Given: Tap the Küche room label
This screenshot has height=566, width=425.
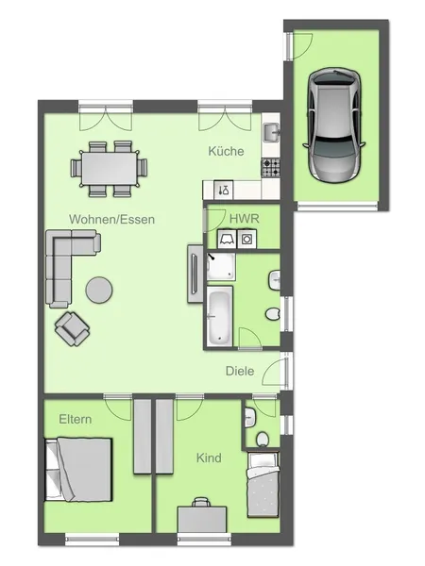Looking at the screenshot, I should pyautogui.click(x=227, y=151).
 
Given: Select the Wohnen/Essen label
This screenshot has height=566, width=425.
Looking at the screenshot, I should pyautogui.click(x=111, y=219).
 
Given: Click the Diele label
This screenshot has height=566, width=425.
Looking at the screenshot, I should pyautogui.click(x=239, y=371).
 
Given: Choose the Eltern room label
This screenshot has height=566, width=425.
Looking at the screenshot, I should pyautogui.click(x=76, y=419).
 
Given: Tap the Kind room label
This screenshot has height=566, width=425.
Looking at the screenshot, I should pyautogui.click(x=209, y=458).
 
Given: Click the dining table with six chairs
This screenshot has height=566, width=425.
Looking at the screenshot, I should pyautogui.click(x=110, y=169).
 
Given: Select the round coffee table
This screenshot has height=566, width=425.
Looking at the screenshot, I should pyautogui.click(x=99, y=290).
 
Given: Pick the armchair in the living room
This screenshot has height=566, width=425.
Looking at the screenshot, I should pyautogui.click(x=74, y=327).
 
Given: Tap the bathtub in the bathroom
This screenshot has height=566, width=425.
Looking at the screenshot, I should pyautogui.click(x=219, y=317).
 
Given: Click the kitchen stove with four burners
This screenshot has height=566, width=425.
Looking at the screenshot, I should pyautogui.click(x=271, y=166).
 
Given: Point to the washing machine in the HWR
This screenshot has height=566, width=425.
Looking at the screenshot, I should pyautogui.click(x=246, y=240).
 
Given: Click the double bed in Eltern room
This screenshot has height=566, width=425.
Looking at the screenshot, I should pyautogui.click(x=80, y=471).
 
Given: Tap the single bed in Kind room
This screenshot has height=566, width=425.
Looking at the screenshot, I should pyautogui.click(x=263, y=485).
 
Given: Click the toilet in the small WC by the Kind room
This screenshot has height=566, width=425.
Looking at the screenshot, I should pyautogui.click(x=261, y=438).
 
